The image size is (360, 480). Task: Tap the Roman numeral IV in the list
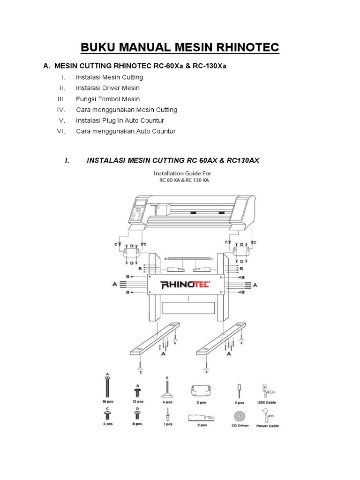pos(60,110)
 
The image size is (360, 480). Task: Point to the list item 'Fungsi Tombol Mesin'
pos(108,99)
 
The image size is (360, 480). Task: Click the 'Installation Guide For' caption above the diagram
pos(182,173)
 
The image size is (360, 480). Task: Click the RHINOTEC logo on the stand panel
pos(186,285)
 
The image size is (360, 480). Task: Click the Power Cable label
pos(267,426)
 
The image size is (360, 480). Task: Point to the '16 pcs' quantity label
pos(107,402)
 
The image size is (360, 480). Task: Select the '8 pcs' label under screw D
pos(137,424)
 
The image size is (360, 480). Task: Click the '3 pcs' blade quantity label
pos(239,402)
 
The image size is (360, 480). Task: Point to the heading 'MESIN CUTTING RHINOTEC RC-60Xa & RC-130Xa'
pos(140,66)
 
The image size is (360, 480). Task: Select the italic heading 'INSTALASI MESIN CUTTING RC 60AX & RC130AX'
pos(173,160)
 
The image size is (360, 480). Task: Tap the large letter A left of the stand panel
pos(114,284)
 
